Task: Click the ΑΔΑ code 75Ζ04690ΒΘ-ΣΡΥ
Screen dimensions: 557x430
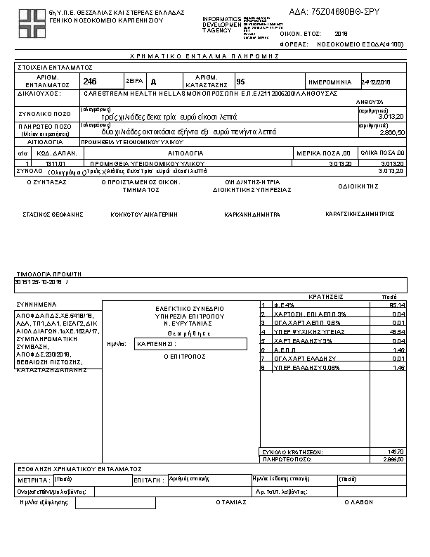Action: click(344, 13)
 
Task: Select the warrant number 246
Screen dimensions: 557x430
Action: click(90, 82)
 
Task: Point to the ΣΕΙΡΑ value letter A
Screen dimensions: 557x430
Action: click(154, 82)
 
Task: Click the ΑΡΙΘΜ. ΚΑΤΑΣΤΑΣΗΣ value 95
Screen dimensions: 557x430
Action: click(241, 82)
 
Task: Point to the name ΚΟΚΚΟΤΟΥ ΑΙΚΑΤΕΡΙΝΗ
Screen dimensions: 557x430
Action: click(144, 214)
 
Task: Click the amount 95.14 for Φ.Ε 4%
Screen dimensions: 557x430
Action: click(396, 305)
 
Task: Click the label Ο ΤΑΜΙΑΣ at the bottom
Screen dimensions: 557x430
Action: click(230, 502)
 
